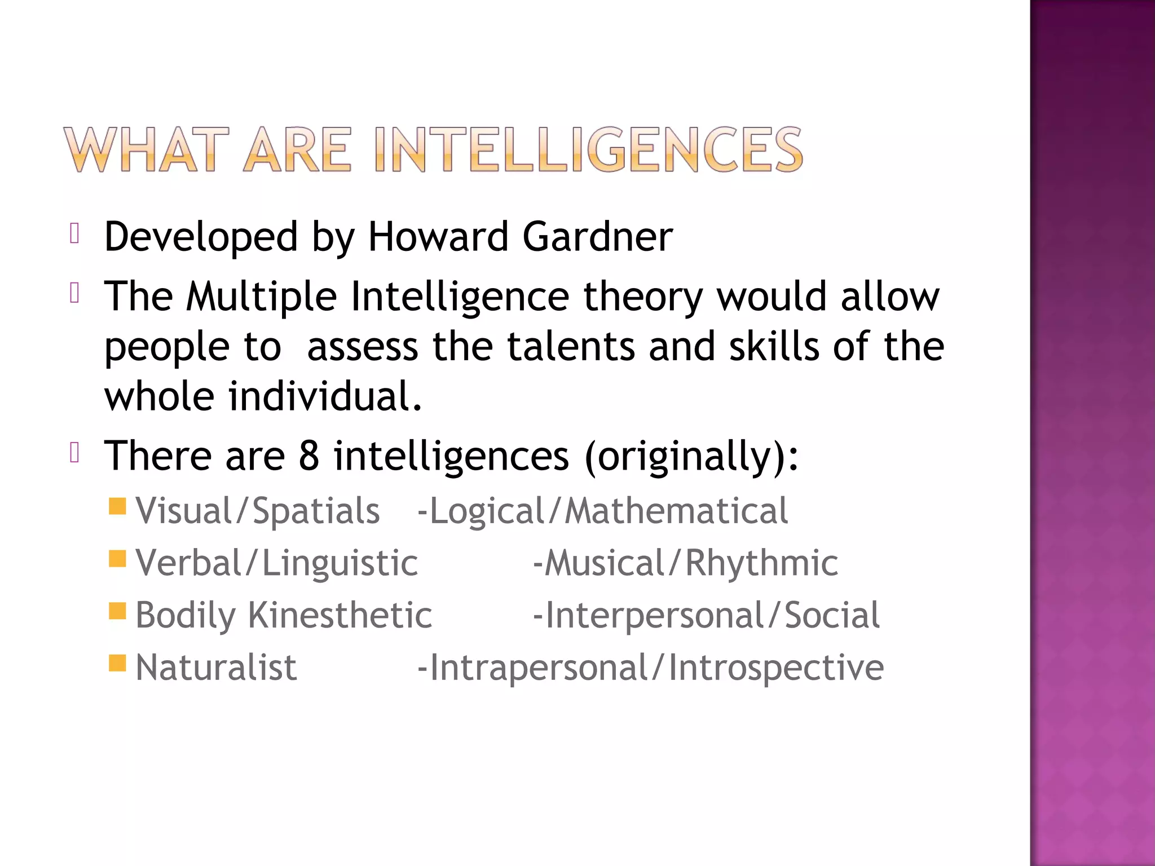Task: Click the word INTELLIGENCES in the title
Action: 588,149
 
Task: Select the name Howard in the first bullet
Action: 438,236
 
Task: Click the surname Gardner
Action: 597,236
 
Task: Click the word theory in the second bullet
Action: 643,298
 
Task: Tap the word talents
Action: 571,346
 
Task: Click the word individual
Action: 325,396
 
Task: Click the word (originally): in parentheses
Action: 692,457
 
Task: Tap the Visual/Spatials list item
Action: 258,511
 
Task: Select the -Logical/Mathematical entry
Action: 602,511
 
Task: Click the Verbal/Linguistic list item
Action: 276,563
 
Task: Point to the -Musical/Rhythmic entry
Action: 685,563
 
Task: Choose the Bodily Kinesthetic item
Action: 284,615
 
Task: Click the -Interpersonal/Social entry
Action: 706,615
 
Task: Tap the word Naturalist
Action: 216,668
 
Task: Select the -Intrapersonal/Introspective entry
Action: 650,668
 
